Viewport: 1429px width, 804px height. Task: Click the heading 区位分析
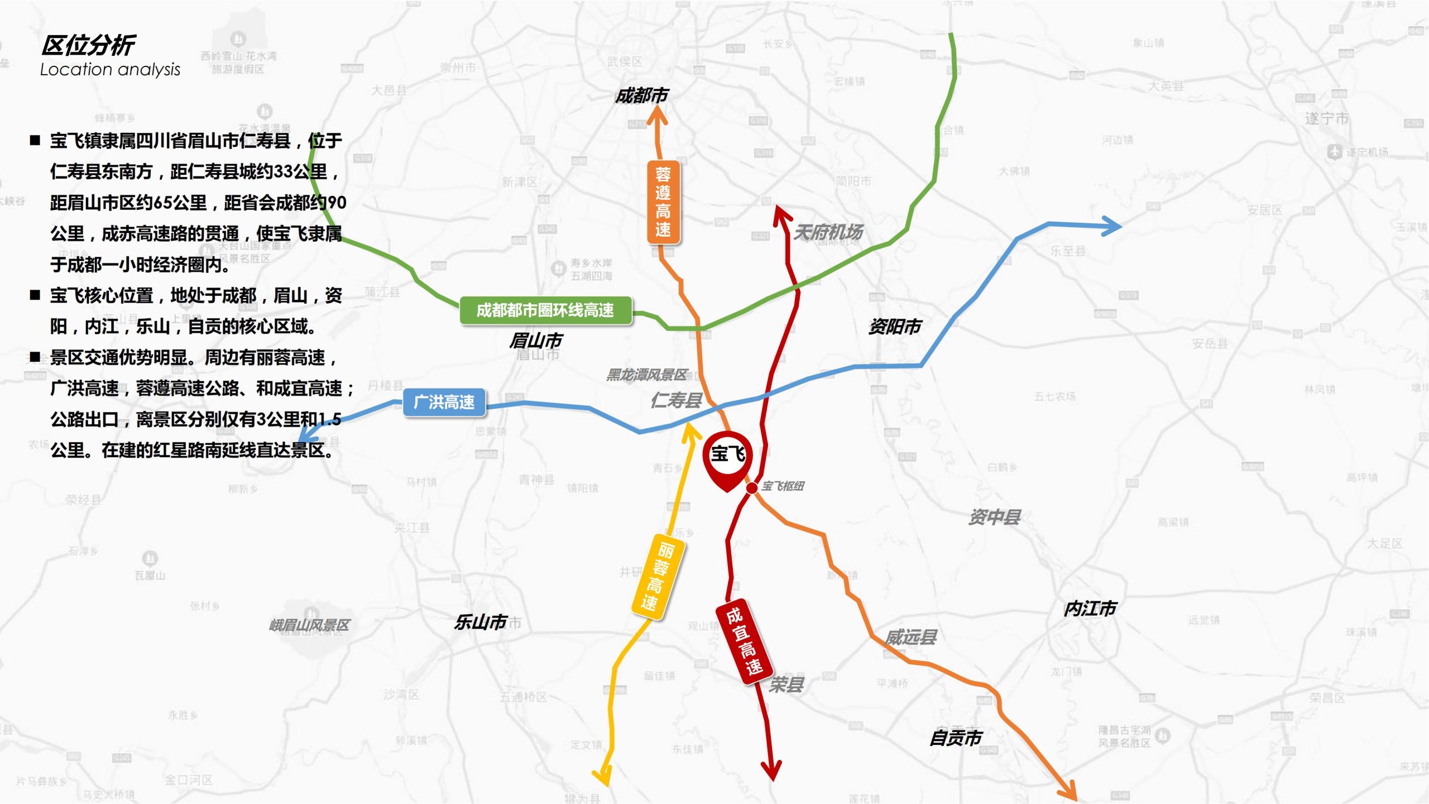[x=88, y=45]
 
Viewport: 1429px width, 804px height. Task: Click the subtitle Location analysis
[x=110, y=69]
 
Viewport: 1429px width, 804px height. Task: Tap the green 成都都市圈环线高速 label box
[x=545, y=310]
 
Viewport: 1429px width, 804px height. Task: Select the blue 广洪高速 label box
[x=444, y=402]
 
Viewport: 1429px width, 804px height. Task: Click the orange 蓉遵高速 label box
[x=663, y=202]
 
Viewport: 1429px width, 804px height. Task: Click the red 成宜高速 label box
[x=744, y=642]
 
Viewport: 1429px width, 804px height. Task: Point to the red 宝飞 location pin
[x=727, y=458]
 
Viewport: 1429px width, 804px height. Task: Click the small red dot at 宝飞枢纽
[x=752, y=488]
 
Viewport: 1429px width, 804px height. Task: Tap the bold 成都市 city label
[x=641, y=96]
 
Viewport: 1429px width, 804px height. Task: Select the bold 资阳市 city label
[x=895, y=327]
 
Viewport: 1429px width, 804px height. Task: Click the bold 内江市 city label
[x=1090, y=609]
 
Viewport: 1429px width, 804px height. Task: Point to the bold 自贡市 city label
[x=955, y=738]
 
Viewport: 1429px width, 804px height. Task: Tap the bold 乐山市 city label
[x=480, y=622]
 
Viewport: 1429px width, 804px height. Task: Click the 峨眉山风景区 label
[x=309, y=625]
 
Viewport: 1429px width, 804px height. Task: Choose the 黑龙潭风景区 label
[x=646, y=375]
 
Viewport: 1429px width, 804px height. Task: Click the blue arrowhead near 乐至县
[x=1111, y=227]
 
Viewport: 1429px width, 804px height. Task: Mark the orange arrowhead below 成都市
[x=658, y=114]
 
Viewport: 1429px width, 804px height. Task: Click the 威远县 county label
[x=910, y=637]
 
